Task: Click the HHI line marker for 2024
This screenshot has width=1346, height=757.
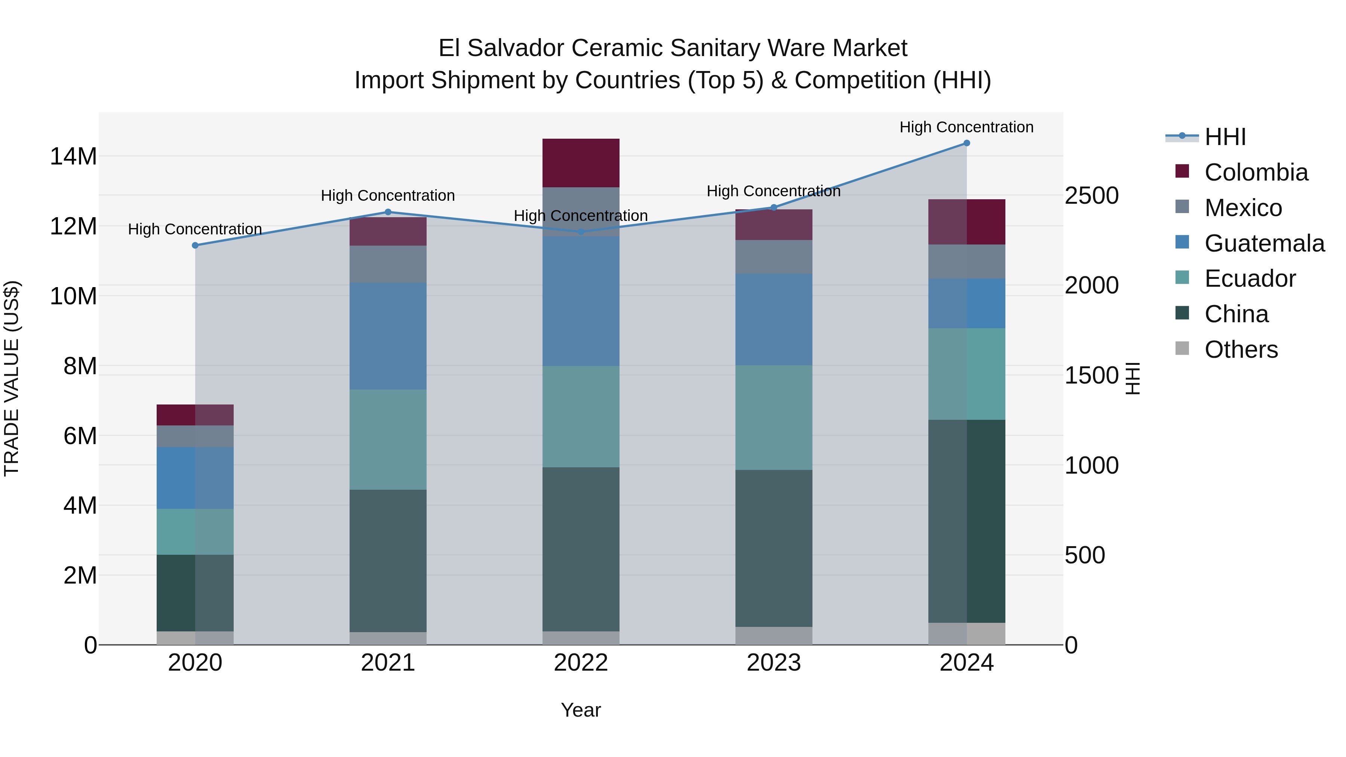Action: [966, 143]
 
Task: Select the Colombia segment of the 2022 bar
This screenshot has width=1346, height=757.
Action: [581, 163]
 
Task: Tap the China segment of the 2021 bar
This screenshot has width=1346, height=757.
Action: [388, 561]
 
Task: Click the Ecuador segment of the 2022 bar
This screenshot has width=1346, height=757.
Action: [581, 416]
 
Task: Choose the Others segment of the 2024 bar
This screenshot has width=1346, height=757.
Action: [966, 634]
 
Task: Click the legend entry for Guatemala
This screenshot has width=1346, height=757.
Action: [1264, 243]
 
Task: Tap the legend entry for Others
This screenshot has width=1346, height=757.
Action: [1241, 350]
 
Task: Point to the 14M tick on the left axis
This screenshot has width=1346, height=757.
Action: [73, 157]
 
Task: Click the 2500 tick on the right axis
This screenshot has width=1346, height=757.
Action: [1091, 196]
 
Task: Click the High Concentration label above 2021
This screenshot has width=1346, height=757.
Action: [388, 196]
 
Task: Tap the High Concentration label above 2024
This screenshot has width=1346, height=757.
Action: [966, 127]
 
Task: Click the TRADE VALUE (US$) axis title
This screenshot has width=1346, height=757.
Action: [12, 378]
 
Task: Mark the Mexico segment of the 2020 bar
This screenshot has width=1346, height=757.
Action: [195, 436]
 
